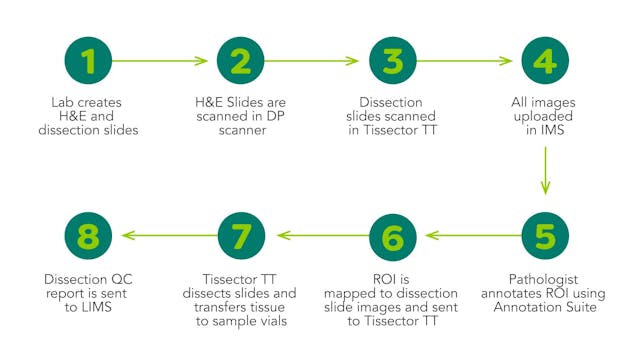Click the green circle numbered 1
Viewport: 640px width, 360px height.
(x=90, y=62)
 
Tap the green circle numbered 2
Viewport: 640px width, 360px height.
(x=240, y=62)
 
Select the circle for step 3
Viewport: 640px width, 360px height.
(x=392, y=62)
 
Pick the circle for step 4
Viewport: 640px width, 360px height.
(x=543, y=62)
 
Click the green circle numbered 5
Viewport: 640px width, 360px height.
(x=543, y=236)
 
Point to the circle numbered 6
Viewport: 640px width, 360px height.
(x=392, y=236)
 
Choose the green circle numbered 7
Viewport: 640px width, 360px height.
(x=240, y=236)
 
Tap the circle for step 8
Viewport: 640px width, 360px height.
(x=90, y=236)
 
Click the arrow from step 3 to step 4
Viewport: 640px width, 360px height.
(x=466, y=62)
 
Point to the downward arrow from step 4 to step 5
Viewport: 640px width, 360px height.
(x=544, y=170)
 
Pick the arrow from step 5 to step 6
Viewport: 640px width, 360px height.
(x=468, y=236)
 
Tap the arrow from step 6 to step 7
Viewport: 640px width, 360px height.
(x=316, y=236)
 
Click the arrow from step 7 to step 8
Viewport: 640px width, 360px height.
(x=164, y=236)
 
